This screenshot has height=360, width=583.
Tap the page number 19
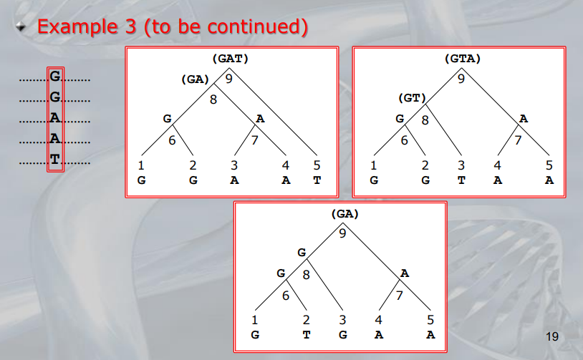tap(551, 336)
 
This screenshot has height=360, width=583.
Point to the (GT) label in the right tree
tap(413, 98)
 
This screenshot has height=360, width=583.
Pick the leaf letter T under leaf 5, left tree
tap(317, 180)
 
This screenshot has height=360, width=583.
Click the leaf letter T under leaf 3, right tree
tap(461, 180)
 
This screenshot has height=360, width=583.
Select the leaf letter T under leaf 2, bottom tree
tap(306, 334)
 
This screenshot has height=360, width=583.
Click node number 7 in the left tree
tap(255, 140)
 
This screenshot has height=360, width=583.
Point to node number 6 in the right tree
tap(404, 140)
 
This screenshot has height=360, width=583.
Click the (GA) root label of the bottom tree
tap(344, 214)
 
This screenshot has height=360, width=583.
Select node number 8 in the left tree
tap(213, 100)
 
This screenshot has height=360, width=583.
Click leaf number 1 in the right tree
tap(373, 166)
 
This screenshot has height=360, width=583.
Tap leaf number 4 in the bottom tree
tap(380, 320)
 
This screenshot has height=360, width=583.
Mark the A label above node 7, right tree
tap(524, 119)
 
